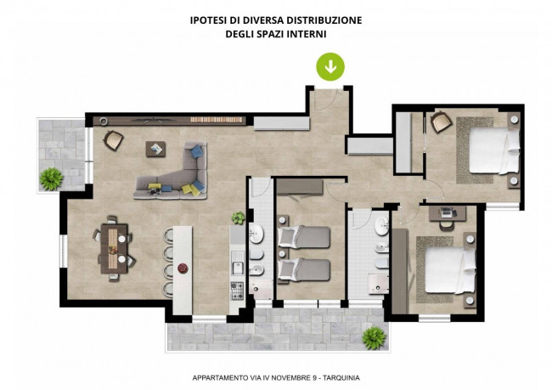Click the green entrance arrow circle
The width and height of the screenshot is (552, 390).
point(330,66)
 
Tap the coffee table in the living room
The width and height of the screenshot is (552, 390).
point(155,149)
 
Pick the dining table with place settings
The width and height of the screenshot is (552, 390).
point(114,248)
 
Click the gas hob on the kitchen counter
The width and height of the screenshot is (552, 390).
point(237,291)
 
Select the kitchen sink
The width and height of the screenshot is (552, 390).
point(238,263)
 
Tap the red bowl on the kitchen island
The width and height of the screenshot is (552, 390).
point(183,268)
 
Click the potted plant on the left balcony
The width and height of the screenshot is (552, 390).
point(52,179)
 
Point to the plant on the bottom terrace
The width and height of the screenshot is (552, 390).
point(374,338)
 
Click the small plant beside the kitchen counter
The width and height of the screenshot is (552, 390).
point(239,218)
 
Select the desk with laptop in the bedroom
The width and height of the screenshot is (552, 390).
point(448,213)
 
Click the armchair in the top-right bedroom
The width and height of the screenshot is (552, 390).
point(441,122)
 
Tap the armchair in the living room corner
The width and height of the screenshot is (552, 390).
point(113,140)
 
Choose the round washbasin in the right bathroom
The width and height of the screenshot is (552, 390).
point(381,226)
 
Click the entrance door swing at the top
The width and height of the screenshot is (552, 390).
point(331,99)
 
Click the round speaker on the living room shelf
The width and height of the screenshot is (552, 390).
point(103,122)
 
